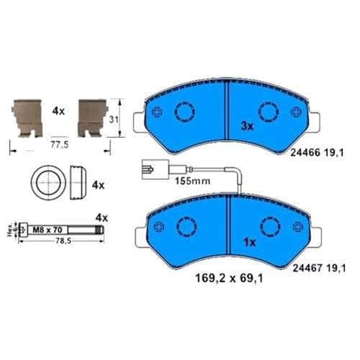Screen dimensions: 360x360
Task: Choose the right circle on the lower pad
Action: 270,225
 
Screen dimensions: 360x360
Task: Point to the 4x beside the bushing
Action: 99,185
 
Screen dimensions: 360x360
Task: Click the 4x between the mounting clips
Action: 59,111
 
